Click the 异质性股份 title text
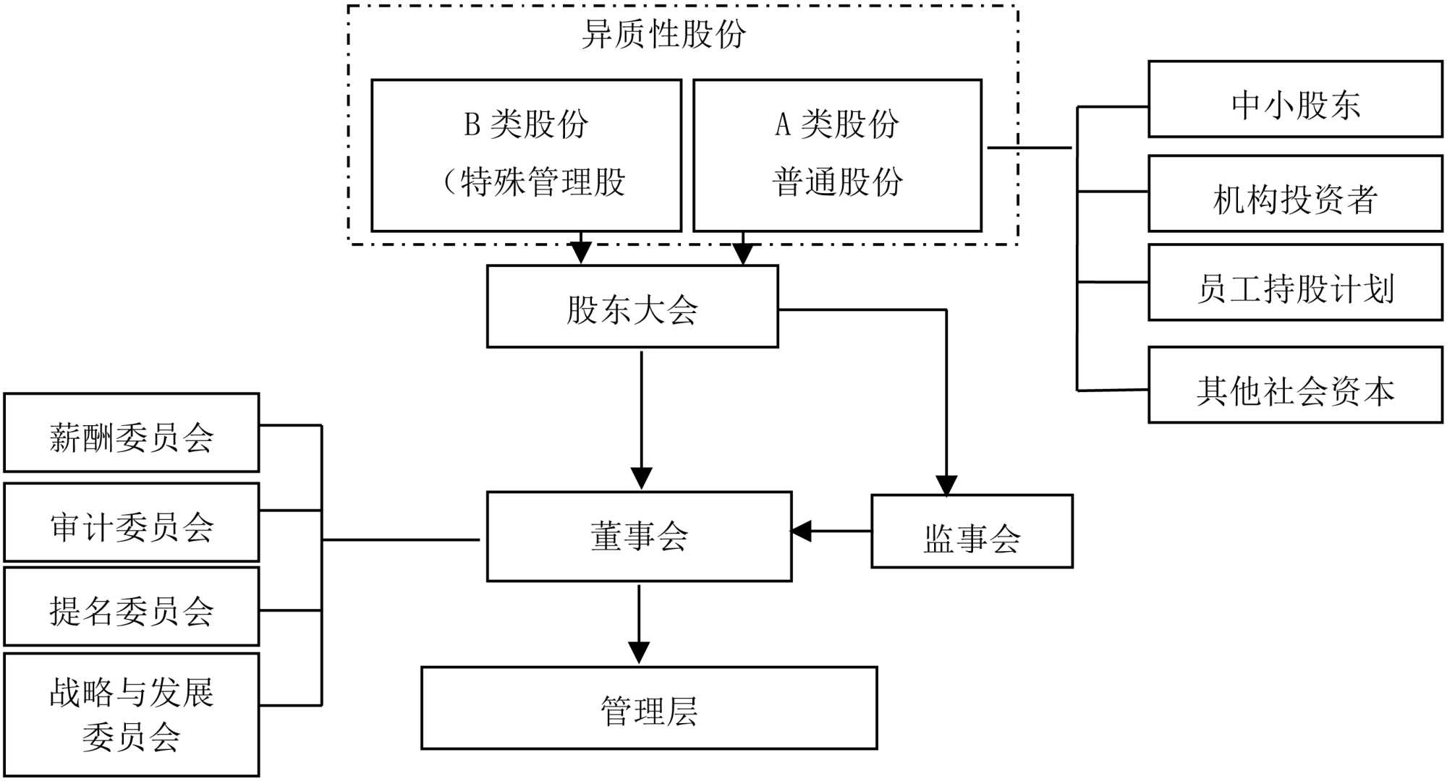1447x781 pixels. tap(663, 34)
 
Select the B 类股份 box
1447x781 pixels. tap(526, 155)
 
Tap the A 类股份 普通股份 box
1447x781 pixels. tap(837, 155)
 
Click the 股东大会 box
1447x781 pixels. tap(632, 307)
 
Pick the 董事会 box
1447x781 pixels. tap(639, 537)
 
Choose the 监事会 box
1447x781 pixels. tap(972, 532)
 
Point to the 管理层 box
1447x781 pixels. tap(649, 708)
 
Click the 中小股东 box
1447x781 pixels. tap(1295, 99)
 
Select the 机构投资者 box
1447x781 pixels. tap(1295, 194)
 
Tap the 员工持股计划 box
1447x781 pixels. tap(1295, 283)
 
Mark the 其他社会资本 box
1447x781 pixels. tap(1295, 385)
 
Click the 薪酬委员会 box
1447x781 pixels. tap(132, 432)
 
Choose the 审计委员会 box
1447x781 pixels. tap(132, 522)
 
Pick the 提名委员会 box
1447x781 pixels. tap(132, 606)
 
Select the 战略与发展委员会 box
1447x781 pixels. tap(132, 714)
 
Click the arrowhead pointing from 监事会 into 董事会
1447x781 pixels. tap(801, 531)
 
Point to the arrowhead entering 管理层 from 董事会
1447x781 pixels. tap(639, 653)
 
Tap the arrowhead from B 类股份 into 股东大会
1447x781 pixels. tap(581, 253)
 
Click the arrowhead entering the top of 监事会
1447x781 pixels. tap(946, 485)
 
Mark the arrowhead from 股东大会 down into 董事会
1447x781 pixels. tap(642, 479)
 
